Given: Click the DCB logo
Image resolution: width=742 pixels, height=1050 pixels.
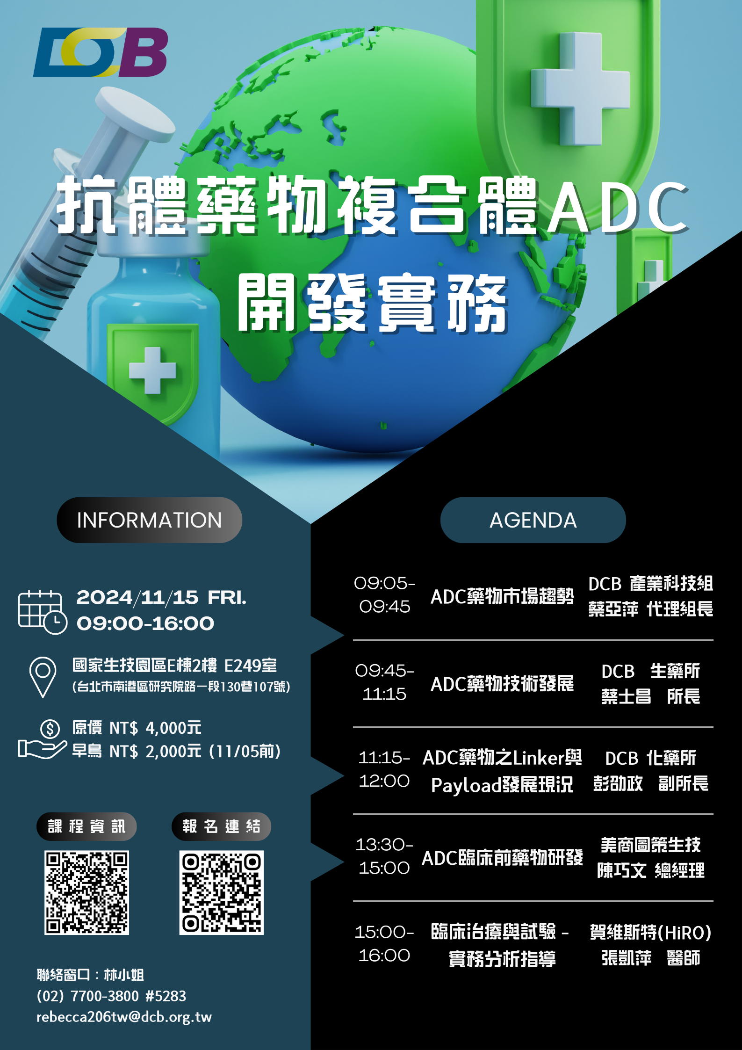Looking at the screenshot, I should click(x=101, y=52).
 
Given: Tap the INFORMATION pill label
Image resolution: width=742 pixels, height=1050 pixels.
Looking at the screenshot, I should click(x=149, y=520).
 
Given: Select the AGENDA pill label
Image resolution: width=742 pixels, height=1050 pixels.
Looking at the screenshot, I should click(x=533, y=520).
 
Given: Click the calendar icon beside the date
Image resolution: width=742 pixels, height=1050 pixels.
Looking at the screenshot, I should click(x=42, y=612).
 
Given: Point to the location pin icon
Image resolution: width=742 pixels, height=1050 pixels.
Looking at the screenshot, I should click(x=43, y=676).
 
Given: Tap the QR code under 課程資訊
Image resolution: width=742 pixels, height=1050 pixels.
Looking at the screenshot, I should click(x=86, y=892).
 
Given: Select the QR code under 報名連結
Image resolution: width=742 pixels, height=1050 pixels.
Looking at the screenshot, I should click(x=221, y=892).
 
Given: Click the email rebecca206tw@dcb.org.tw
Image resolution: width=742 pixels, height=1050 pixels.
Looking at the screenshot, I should click(x=124, y=1017).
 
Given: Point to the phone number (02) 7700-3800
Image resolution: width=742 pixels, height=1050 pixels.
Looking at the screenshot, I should click(x=88, y=996).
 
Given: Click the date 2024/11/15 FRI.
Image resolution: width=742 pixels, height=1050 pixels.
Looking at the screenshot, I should click(x=161, y=598).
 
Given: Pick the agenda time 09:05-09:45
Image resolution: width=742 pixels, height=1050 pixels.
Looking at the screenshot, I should click(x=384, y=595).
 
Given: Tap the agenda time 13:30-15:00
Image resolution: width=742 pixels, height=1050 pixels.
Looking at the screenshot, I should click(x=384, y=856).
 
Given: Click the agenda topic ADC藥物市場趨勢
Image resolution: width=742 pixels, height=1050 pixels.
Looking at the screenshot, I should click(x=502, y=596).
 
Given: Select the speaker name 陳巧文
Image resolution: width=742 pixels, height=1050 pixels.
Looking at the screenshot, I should click(x=622, y=870).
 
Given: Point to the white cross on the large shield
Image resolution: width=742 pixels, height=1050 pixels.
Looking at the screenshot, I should click(x=580, y=89).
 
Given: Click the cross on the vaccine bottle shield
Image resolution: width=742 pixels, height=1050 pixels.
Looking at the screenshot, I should click(x=152, y=370).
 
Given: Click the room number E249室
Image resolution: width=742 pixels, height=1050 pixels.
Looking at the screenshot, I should click(x=251, y=665).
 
